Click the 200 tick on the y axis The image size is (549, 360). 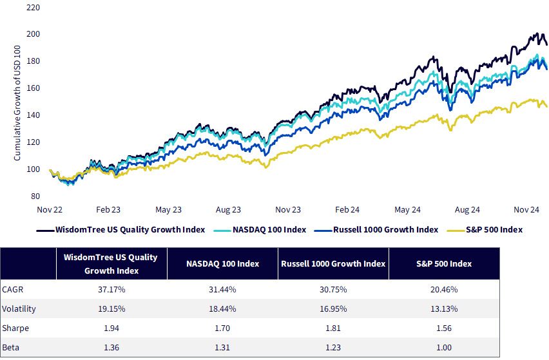tap(33, 34)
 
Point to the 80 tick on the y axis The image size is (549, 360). tap(35, 196)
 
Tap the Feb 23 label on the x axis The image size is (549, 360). tap(108, 209)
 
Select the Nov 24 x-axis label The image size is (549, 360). tap(526, 209)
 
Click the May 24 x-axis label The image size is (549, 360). tap(407, 210)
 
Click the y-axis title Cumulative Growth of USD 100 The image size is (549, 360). tap(17, 103)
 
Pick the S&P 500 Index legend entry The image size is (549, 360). tap(485, 230)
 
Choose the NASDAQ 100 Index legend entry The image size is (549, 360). tap(260, 230)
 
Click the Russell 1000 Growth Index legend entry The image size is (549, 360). tap(376, 230)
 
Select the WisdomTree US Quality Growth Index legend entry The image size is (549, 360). tap(120, 230)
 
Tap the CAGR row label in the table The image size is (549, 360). tap(13, 290)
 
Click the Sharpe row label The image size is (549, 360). tap(15, 328)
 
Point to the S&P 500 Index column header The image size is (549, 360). tap(444, 264)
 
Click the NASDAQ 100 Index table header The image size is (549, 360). tap(223, 264)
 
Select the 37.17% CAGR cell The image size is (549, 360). tap(111, 290)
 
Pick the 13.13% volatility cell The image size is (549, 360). tap(444, 309)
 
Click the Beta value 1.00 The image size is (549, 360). tap(444, 347)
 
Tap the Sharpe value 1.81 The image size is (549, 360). tap(333, 328)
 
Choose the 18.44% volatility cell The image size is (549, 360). tap(222, 309)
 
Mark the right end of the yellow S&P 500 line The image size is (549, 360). tap(546, 107)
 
